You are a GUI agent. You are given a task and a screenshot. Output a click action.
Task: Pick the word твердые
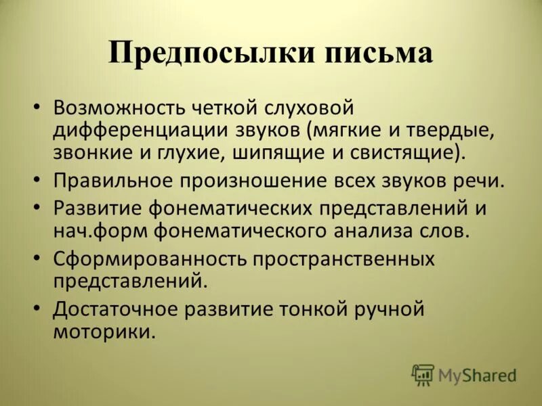455,129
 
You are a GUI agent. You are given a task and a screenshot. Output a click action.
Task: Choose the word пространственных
340,260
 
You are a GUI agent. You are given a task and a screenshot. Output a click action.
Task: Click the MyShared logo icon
423,374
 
